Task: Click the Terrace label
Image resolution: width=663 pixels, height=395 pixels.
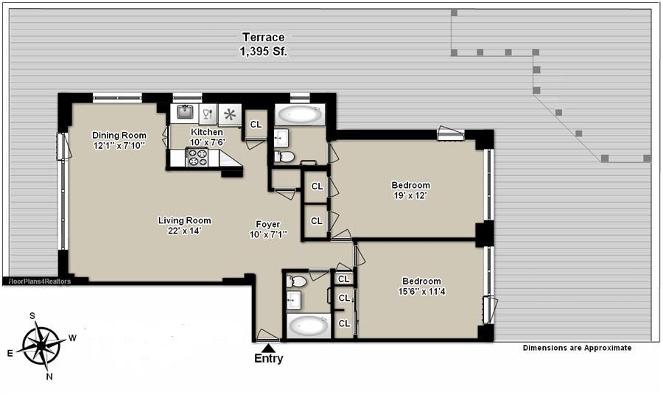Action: click(x=264, y=38)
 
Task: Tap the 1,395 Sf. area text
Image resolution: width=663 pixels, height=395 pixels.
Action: click(x=264, y=52)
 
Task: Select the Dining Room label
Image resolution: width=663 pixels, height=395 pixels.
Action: click(x=119, y=136)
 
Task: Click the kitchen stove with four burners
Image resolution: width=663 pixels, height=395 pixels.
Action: click(x=197, y=157)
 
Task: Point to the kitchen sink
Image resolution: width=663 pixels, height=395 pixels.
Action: click(x=185, y=112)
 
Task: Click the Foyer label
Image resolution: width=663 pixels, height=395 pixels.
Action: click(x=267, y=224)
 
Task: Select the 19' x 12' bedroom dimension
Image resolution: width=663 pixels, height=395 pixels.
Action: click(x=410, y=195)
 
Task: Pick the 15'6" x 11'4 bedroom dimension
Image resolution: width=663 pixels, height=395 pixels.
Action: click(x=421, y=291)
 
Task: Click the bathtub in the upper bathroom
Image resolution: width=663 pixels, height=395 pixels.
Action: click(x=298, y=114)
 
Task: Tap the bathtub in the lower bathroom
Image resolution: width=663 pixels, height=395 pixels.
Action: click(x=309, y=326)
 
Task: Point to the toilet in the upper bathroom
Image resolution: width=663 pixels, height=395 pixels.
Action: click(x=284, y=157)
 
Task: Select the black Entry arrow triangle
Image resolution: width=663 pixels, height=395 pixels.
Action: click(x=268, y=348)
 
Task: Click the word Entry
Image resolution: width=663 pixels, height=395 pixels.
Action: click(x=268, y=359)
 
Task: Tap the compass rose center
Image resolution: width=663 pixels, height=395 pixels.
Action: click(x=41, y=346)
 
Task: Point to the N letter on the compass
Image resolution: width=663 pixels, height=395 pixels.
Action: click(x=49, y=377)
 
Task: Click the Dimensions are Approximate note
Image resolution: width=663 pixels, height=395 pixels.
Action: click(x=577, y=348)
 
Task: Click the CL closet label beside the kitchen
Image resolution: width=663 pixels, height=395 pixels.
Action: click(x=256, y=125)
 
